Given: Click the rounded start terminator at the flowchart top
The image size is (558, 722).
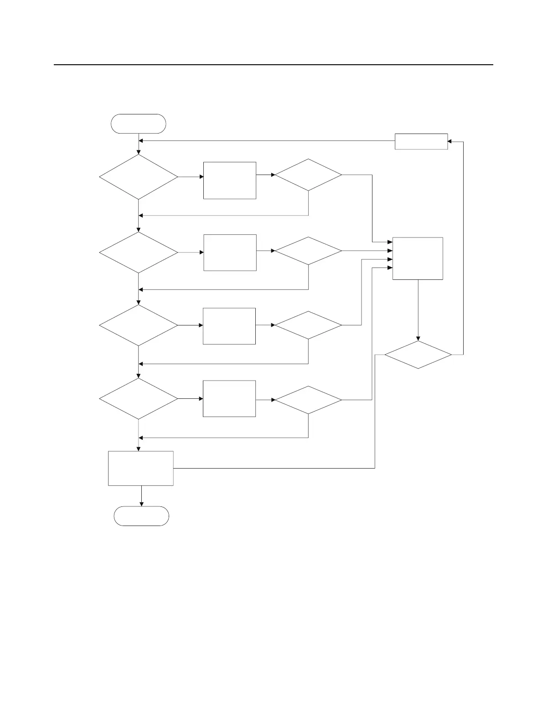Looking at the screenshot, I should click(138, 124).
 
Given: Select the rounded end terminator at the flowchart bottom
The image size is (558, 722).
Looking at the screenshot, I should click(141, 516).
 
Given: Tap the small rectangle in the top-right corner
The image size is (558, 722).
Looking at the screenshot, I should click(421, 141).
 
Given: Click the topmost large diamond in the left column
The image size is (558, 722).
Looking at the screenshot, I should click(139, 177).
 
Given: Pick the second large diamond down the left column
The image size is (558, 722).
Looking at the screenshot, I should click(139, 253).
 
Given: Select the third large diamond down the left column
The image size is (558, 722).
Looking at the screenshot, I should click(139, 325).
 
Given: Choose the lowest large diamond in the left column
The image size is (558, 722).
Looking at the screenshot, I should click(139, 399).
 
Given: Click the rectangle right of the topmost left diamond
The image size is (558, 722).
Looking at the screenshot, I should click(230, 180).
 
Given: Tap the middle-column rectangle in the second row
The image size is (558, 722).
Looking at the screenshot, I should click(230, 253).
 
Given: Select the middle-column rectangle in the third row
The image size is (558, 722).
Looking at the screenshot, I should click(229, 326).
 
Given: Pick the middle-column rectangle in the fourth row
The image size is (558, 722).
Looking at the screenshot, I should click(229, 398).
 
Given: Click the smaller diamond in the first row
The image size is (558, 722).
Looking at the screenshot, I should click(309, 175).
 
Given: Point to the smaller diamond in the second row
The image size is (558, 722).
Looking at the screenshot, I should click(309, 251).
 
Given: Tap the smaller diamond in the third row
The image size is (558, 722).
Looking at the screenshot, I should click(309, 325).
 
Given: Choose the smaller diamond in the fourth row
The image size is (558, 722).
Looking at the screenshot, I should click(309, 400).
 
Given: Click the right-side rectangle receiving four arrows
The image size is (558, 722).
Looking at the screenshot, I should click(418, 258).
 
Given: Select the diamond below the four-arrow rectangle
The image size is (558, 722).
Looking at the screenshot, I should click(418, 355).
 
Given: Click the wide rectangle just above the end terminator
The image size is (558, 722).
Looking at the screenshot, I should click(141, 468).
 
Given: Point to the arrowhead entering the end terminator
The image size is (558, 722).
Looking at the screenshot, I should click(141, 504).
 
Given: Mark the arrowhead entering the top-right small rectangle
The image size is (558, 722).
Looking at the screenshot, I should click(449, 141).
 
